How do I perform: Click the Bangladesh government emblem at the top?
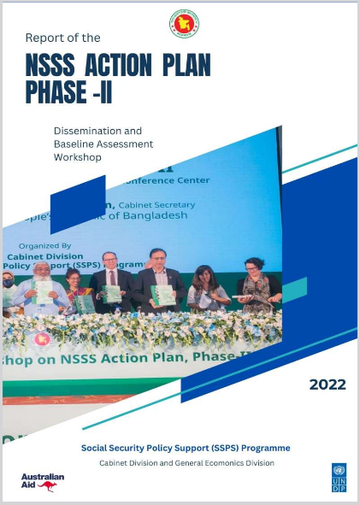pos(184,23)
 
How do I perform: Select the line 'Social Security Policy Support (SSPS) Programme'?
pos(186,448)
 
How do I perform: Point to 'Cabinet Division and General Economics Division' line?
pos(186,463)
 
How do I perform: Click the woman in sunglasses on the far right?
pos(254,282)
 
